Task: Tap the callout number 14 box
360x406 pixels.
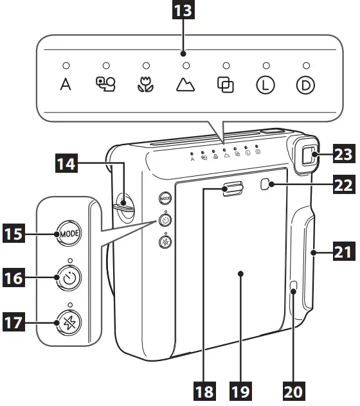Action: pos(66,166)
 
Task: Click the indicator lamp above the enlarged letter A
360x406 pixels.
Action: pos(66,66)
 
